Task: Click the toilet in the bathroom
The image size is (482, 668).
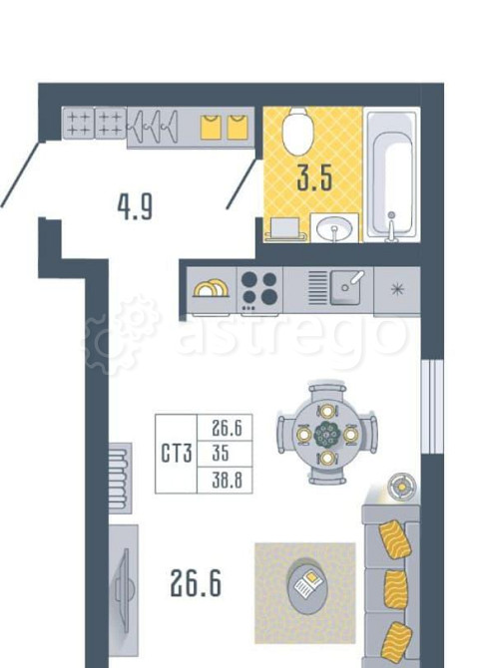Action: [297, 131]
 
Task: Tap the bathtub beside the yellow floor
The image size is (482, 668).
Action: [391, 174]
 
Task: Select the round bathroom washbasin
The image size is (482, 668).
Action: [335, 228]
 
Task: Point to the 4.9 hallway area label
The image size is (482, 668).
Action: [135, 207]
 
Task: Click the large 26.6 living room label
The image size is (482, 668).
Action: [196, 583]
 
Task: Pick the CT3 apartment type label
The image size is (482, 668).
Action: [177, 453]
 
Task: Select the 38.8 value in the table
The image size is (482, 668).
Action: [227, 481]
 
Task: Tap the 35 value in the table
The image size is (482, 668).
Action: [221, 453]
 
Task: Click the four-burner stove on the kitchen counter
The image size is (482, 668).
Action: [259, 290]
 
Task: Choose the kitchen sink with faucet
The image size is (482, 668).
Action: [346, 288]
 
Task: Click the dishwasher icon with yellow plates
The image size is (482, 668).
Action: [211, 289]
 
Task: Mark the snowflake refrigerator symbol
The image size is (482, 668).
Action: [397, 289]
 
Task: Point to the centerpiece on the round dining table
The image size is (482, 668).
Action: [327, 435]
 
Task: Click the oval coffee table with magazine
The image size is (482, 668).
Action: [305, 587]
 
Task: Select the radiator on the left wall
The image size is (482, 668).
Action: [120, 478]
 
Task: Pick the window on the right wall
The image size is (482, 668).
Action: [432, 407]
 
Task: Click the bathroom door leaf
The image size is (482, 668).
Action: [241, 184]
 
